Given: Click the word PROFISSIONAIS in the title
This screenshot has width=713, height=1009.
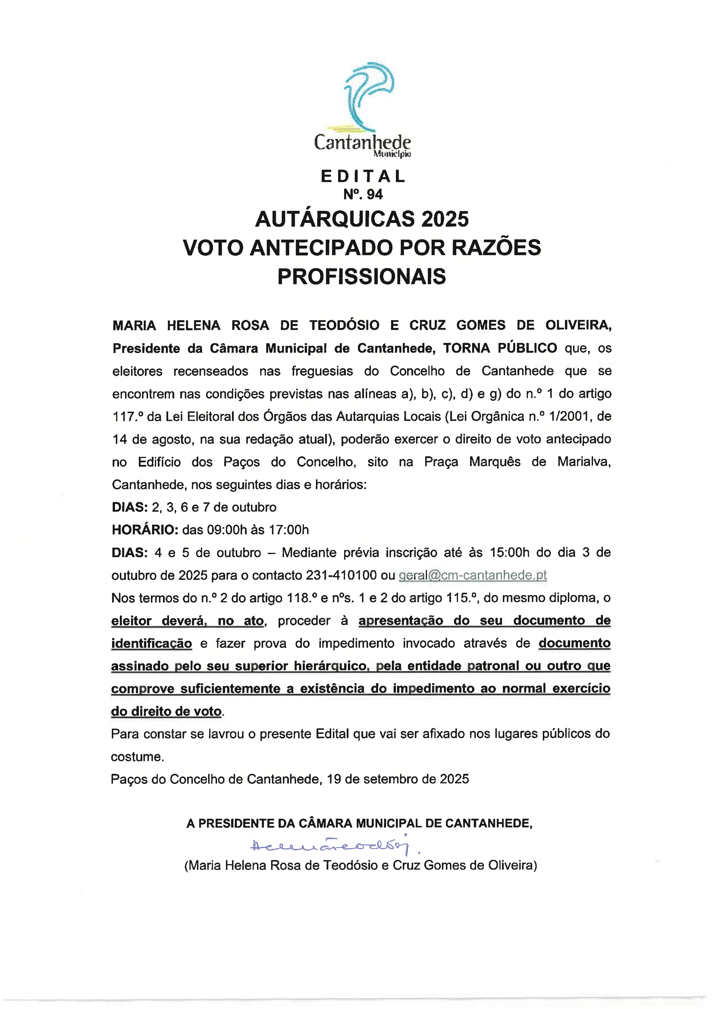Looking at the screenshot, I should [362, 276].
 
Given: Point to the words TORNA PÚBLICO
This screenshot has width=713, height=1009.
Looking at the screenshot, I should [500, 348].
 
